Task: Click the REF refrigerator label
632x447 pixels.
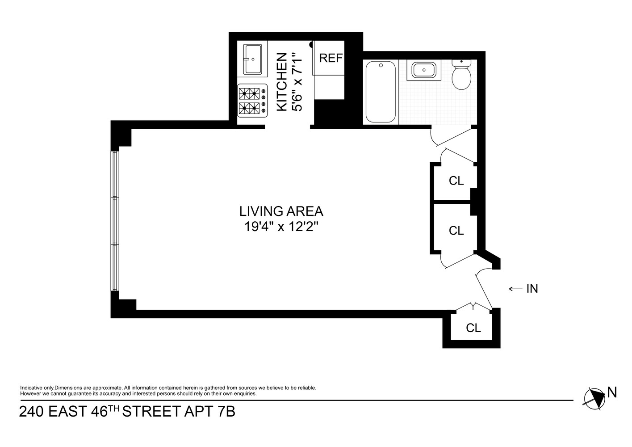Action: pos(331,58)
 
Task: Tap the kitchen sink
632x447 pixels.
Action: pos(255,59)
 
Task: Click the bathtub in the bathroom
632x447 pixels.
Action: pos(381,92)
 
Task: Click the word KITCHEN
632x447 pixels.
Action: pos(282,82)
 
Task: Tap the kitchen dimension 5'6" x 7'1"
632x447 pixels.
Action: pos(297,82)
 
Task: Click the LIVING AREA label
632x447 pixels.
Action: pos(281,211)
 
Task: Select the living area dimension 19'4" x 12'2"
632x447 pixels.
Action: pos(281,227)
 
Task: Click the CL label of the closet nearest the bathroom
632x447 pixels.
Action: pos(456,181)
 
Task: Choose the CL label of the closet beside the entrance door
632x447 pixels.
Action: pos(473,328)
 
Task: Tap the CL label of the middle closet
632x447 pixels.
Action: pos(456,231)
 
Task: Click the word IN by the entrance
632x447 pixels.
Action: pos(532,289)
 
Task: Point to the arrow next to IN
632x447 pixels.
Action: pos(515,289)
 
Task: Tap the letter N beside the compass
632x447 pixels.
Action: pos(612,393)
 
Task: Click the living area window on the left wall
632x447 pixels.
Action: pos(115,221)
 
